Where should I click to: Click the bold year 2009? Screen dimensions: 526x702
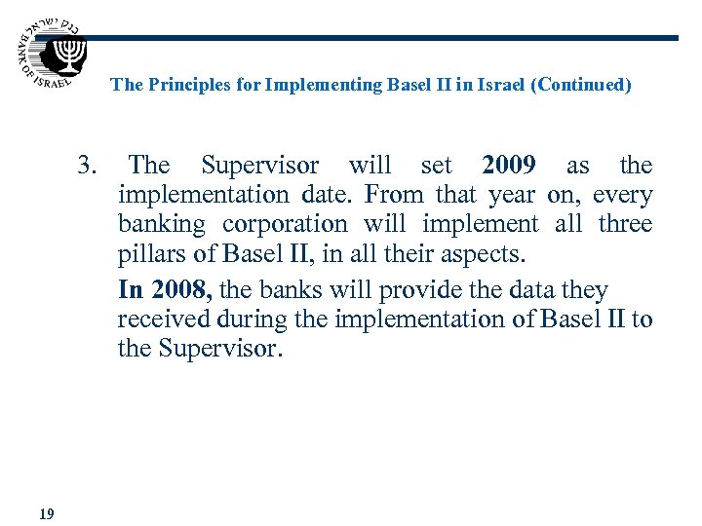point(508,166)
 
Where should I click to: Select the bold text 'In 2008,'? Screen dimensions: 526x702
point(167,290)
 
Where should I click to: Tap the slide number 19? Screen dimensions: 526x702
point(46,513)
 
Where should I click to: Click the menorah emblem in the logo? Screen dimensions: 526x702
point(68,53)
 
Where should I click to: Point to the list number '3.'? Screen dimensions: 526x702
point(88,166)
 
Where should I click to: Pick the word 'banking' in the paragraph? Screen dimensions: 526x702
point(161,224)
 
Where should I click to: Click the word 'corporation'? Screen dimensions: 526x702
point(284,224)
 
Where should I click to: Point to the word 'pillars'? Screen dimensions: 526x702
point(149,255)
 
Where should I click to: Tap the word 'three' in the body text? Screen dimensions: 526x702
point(625,224)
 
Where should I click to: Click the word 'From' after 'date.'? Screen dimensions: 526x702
point(394,195)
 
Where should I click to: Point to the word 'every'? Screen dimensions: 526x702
point(622,195)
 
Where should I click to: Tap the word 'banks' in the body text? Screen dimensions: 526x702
point(292,290)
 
